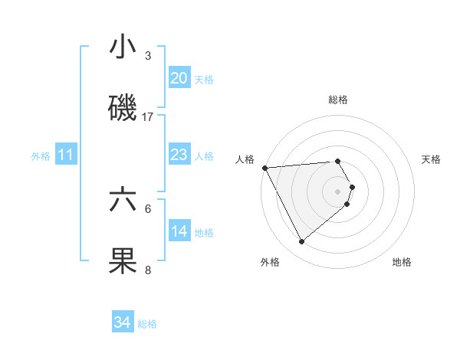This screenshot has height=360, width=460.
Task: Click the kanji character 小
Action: coord(123,47)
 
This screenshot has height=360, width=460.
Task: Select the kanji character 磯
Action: coord(123,109)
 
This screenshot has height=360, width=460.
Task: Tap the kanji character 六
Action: coord(123,201)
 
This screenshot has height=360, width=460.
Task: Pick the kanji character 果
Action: coord(123,261)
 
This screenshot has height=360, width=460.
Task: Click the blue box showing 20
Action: coord(179,78)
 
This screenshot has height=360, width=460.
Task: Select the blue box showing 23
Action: coord(179,155)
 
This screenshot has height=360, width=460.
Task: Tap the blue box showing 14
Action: coord(179,231)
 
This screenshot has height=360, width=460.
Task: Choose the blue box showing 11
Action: coord(66,155)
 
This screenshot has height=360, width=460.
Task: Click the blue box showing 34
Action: coord(122,323)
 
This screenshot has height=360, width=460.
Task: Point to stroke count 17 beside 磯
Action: coord(148,117)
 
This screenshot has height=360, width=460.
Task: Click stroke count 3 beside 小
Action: coord(148,56)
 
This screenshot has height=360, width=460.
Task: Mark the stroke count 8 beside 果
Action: coord(148,270)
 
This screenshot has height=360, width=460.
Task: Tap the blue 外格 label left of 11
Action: coord(41,155)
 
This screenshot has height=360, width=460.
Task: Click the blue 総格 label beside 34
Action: coord(147,324)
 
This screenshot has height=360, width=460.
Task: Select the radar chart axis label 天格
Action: coord(431,159)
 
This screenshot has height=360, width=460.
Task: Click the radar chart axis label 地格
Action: coord(402,262)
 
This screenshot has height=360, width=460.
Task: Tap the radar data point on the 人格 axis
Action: coord(264,168)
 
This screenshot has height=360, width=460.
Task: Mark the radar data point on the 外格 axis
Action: coord(301,242)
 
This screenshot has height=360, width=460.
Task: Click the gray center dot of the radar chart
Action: coord(338,191)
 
